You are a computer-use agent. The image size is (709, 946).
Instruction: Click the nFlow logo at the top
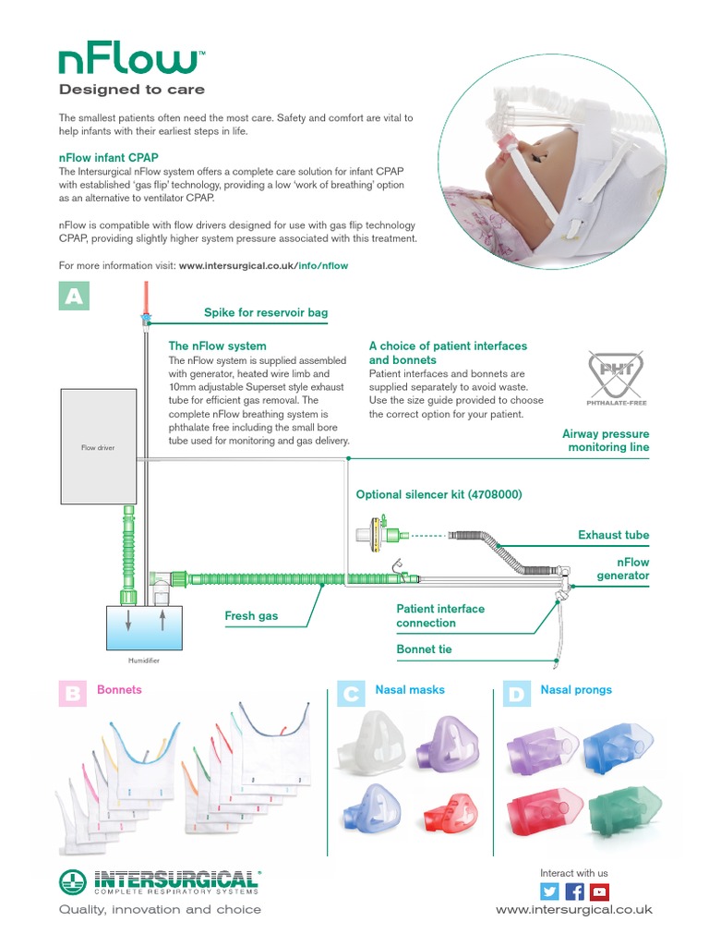coord(128,61)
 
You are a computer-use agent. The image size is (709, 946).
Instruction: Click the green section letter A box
coord(74,296)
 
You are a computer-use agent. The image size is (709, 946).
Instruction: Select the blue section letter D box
coord(516,694)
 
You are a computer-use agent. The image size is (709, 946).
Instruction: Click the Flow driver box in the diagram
coord(98,447)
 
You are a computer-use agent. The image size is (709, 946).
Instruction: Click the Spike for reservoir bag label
coord(266,313)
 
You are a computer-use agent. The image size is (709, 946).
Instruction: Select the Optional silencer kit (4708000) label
coord(439,495)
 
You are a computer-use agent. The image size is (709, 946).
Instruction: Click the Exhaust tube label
coord(613,535)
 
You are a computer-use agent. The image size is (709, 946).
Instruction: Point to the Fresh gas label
coord(251,615)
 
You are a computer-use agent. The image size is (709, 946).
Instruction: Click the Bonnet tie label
coord(424,649)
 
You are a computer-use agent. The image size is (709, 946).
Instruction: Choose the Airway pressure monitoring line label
coord(607,441)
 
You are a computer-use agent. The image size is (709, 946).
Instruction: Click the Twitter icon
coord(550,891)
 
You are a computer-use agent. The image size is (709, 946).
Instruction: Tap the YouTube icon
coord(600,891)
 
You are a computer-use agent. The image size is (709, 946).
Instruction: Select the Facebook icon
coord(575,891)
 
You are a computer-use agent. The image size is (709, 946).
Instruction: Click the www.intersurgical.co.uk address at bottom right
coord(573,910)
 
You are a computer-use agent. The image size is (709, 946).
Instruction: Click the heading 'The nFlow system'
coord(217,346)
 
